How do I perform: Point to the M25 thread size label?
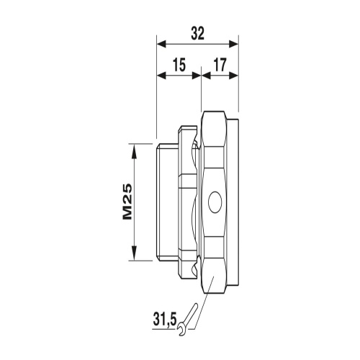[x=127, y=202]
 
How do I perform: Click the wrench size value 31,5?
[x=166, y=317]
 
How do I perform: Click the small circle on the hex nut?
[x=214, y=202]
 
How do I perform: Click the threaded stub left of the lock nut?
[x=168, y=202]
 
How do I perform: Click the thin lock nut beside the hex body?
[x=190, y=202]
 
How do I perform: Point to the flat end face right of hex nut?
[x=235, y=202]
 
